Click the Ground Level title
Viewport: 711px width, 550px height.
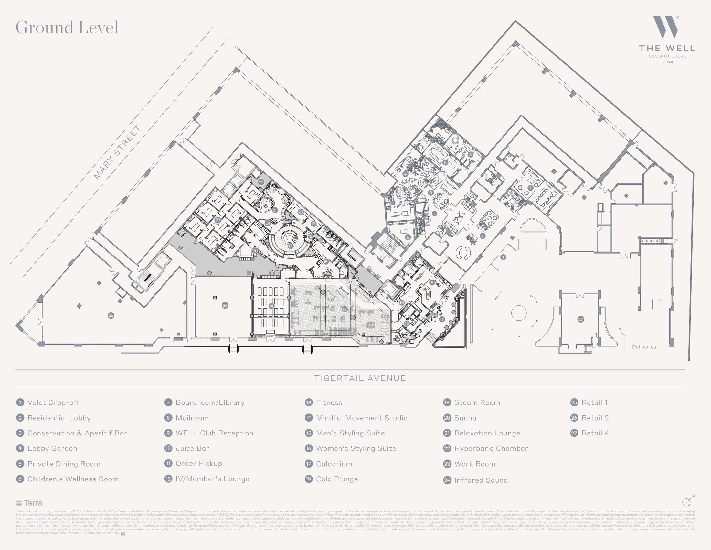point(67,27)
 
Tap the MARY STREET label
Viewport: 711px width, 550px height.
point(117,152)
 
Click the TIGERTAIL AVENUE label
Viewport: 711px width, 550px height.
point(360,378)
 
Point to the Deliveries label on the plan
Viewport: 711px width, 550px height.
point(644,347)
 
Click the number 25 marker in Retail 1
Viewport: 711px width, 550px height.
point(111,315)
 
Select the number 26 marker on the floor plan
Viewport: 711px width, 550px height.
point(225,305)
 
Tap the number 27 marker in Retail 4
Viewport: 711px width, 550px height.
point(581,319)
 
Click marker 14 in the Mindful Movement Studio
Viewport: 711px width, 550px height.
point(271,306)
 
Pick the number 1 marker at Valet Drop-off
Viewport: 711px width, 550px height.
point(503,258)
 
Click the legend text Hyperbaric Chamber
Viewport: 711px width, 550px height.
point(491,448)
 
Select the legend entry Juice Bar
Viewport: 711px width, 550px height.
point(192,448)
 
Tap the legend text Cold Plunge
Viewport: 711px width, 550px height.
point(337,479)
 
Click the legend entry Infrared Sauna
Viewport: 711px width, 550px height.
point(481,480)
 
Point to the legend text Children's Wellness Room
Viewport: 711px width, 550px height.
point(73,479)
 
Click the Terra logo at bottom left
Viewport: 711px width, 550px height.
point(29,503)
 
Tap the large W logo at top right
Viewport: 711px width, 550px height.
point(665,27)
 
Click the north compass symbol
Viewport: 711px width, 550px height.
point(686,501)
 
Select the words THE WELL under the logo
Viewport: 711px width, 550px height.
point(667,49)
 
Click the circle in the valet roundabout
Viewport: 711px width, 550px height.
point(519,313)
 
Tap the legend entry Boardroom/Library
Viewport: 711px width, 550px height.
point(210,402)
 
